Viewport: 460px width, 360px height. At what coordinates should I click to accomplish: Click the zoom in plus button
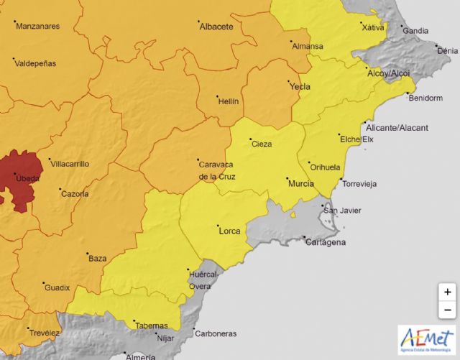[447, 292]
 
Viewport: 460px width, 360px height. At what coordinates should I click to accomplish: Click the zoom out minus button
[447, 310]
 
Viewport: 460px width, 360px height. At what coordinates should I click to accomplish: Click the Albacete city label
[216, 27]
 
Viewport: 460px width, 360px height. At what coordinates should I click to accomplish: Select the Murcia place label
[300, 185]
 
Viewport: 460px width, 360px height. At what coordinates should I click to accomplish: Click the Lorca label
[229, 231]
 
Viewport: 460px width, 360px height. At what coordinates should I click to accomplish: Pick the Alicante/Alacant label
[402, 128]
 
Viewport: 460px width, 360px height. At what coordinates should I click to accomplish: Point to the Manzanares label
[37, 27]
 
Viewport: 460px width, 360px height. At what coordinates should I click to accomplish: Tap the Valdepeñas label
[35, 63]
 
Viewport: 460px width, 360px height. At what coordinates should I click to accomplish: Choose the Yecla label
[299, 87]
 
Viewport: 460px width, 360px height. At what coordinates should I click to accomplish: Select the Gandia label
[415, 31]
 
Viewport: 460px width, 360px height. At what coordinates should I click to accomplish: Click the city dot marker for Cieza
[250, 139]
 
